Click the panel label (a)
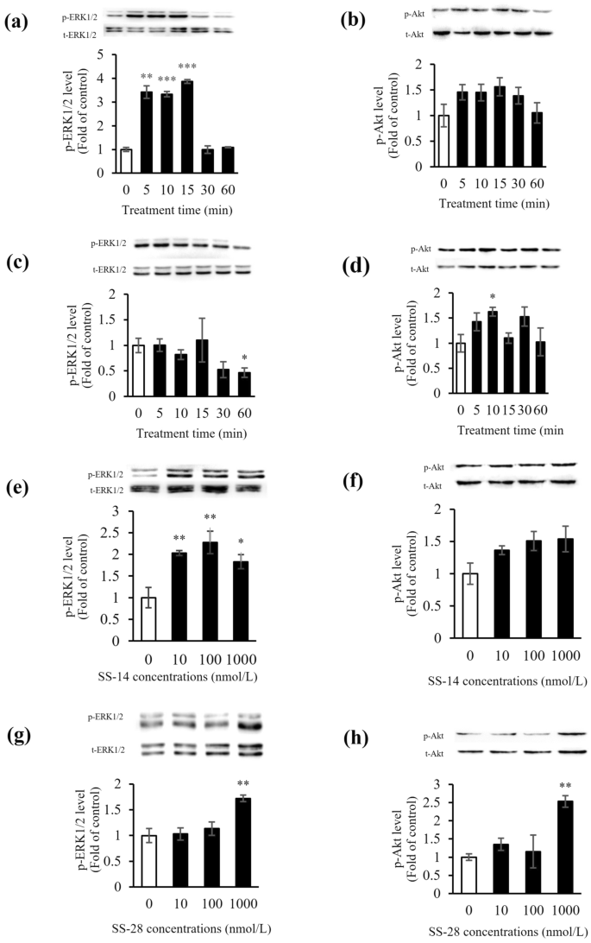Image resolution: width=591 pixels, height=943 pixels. [19, 23]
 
